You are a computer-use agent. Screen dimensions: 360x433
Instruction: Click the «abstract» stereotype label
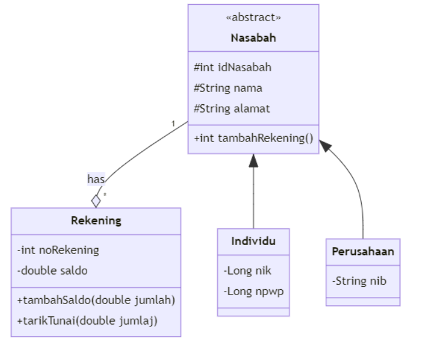click(x=253, y=18)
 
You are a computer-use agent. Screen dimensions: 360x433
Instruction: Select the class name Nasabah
click(x=253, y=38)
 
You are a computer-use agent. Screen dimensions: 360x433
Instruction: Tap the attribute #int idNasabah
click(x=233, y=67)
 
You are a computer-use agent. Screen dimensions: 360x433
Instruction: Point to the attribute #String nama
click(x=228, y=88)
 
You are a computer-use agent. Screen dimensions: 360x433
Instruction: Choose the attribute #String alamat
click(x=232, y=108)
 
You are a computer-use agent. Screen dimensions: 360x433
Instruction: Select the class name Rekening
click(x=96, y=221)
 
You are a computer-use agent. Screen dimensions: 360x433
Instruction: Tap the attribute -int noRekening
click(x=58, y=250)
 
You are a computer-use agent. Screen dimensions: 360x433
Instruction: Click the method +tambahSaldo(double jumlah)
click(x=96, y=300)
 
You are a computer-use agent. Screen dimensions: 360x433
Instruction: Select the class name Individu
click(x=253, y=242)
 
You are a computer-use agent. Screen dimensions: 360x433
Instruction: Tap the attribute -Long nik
click(x=247, y=271)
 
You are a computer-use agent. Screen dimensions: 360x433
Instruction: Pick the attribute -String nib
click(x=359, y=281)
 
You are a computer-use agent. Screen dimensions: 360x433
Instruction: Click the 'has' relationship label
click(x=96, y=179)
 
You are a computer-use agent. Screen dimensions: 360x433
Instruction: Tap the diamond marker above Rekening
click(x=96, y=200)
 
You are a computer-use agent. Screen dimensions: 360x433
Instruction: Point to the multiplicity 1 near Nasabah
click(x=173, y=124)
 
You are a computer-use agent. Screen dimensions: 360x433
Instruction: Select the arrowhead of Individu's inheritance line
click(x=253, y=160)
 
